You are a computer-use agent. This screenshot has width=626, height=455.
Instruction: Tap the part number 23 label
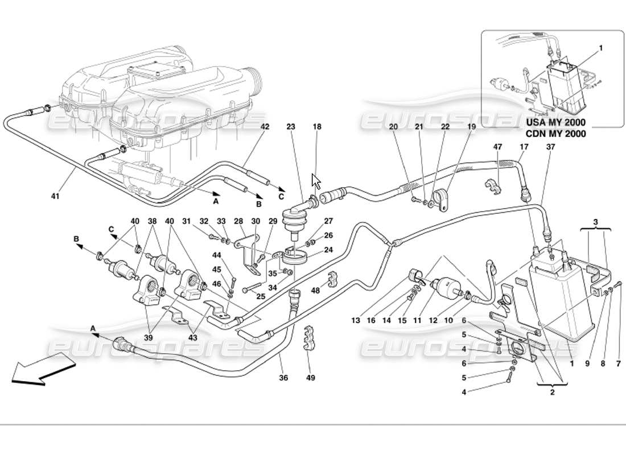tap(291, 127)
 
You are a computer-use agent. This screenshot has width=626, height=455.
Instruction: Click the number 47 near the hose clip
tap(498, 147)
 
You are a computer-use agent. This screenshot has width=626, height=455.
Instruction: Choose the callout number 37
tap(549, 147)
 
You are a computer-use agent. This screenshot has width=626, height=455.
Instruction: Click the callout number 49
tap(310, 378)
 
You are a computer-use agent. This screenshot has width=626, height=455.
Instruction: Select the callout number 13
tap(356, 321)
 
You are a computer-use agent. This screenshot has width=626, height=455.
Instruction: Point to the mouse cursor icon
tap(316, 181)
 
